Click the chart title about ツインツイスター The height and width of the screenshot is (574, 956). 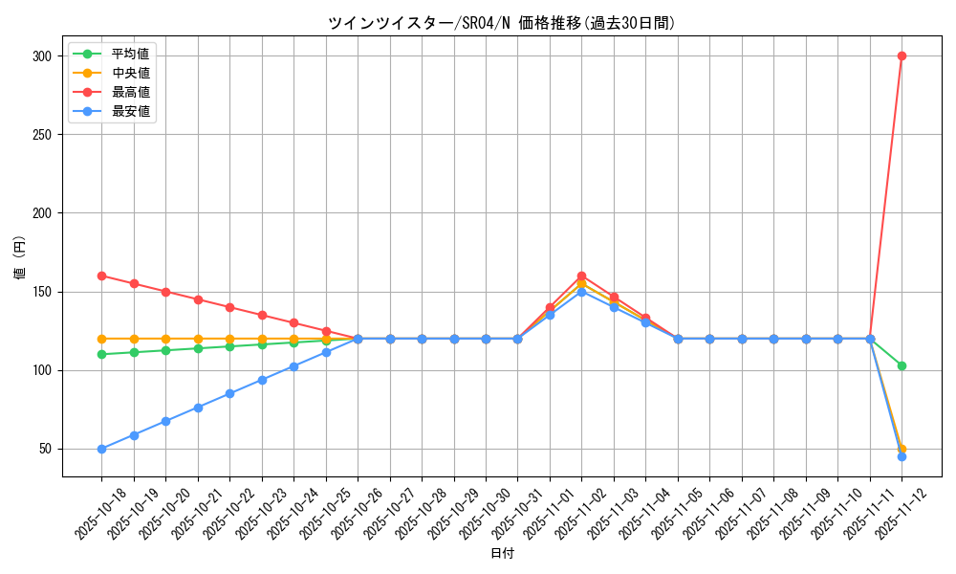click(x=501, y=24)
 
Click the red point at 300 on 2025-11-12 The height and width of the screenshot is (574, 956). click(x=902, y=55)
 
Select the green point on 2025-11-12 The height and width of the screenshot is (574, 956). click(x=902, y=365)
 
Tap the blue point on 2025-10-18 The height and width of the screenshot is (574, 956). click(x=101, y=449)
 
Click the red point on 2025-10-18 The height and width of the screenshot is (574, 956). click(x=101, y=276)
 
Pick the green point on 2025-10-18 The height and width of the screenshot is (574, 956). click(x=101, y=354)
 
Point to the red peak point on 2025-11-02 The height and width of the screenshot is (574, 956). click(x=581, y=276)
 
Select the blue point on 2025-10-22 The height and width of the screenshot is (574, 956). click(x=229, y=393)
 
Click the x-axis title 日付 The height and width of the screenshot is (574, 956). click(x=502, y=554)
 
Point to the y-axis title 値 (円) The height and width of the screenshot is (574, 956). click(x=19, y=258)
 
